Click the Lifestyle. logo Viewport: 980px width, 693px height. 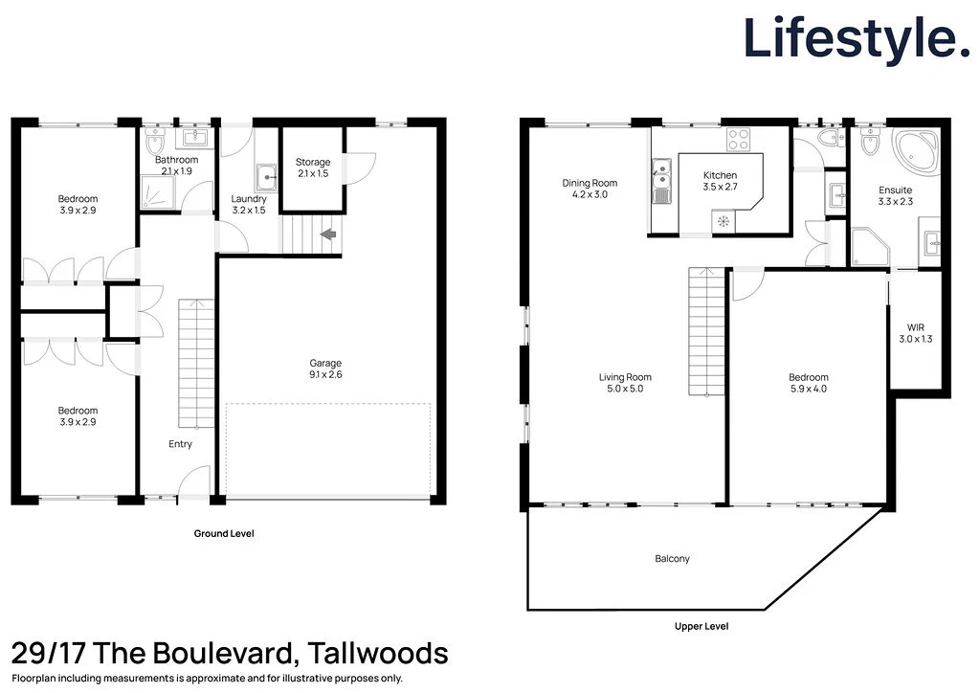[x=857, y=38]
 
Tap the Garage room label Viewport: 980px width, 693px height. [x=325, y=369]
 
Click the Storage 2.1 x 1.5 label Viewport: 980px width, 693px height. [x=313, y=168]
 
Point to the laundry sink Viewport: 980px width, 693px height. [x=266, y=176]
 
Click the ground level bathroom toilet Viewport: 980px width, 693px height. [x=155, y=144]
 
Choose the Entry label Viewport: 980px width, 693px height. [x=180, y=444]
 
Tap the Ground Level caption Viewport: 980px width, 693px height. [x=224, y=533]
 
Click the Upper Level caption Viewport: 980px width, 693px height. [x=702, y=626]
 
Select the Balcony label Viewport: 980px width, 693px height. [x=672, y=559]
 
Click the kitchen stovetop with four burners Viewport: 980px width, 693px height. [x=738, y=140]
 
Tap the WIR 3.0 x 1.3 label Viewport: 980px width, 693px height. [x=915, y=332]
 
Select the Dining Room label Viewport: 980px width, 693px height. [x=590, y=189]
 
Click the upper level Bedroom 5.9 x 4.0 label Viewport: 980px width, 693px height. [x=809, y=383]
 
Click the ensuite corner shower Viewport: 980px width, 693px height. [x=870, y=248]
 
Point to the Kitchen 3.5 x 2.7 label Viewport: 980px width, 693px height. [x=720, y=182]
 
